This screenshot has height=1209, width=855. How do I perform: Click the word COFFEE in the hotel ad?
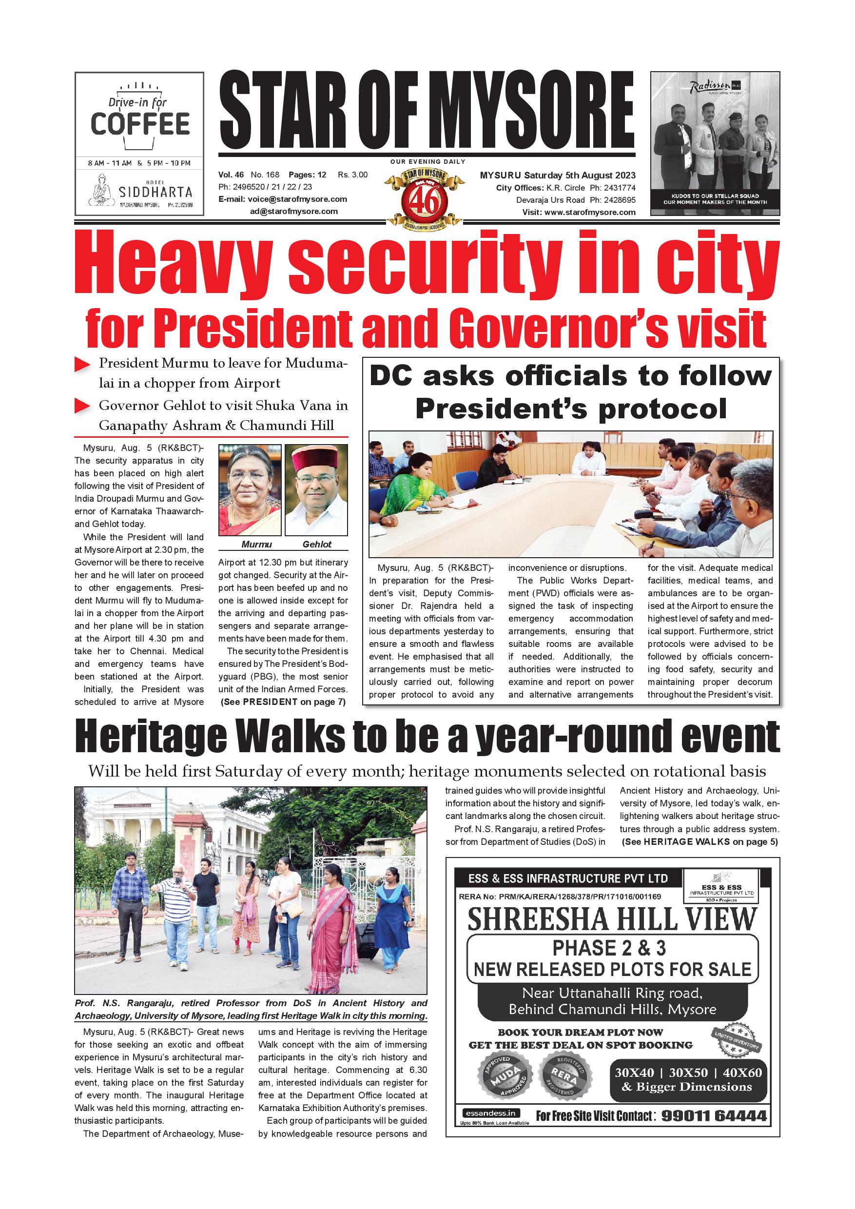coord(140,124)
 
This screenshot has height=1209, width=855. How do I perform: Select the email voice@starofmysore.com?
coord(297,199)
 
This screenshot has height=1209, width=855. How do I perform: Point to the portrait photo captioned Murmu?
coord(250,490)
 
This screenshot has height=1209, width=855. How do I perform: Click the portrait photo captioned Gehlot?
coord(316,490)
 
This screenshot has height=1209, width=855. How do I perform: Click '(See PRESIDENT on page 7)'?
coord(283,702)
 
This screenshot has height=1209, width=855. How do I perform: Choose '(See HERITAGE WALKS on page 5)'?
coord(700,841)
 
